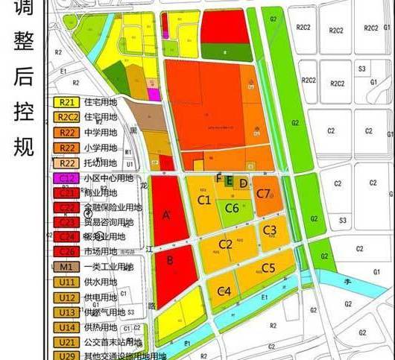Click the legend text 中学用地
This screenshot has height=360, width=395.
pos(99,132)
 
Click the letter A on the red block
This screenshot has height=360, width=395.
pos(166,215)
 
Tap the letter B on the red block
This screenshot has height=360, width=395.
pos(170,260)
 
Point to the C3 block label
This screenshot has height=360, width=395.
pos(270,230)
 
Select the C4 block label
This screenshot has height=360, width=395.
pos(224,291)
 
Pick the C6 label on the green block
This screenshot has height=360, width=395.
pos(232,208)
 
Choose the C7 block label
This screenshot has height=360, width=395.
pos(263,194)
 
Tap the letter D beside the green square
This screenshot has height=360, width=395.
pos(244,183)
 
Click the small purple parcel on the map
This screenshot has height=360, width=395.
pos(154,94)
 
